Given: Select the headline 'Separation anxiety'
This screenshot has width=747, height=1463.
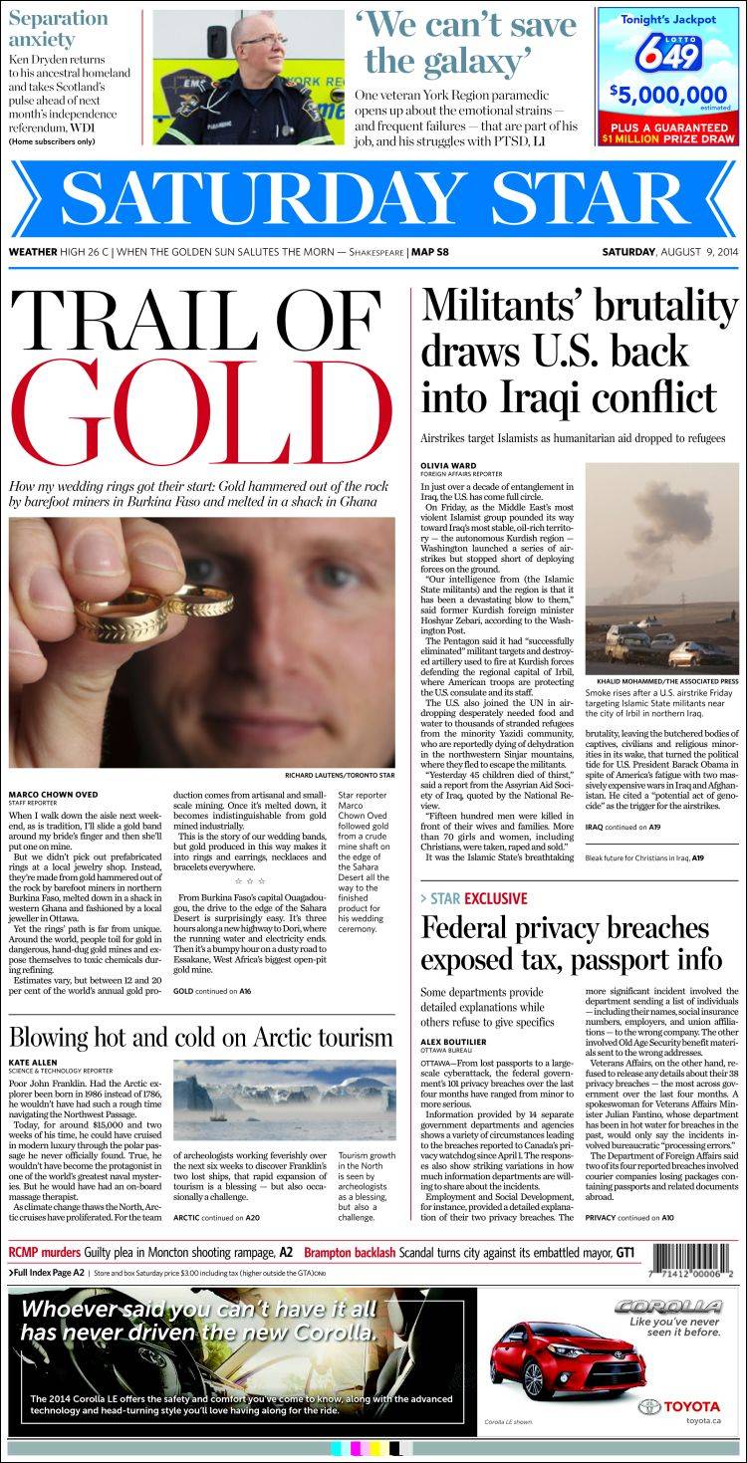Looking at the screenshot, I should [x=58, y=29].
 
